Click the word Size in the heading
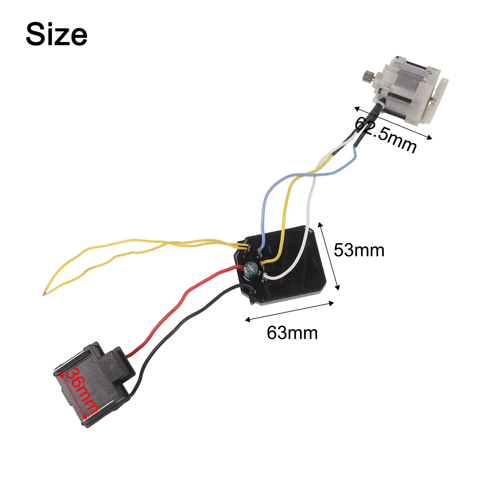coord(57,34)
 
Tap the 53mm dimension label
coord(359,250)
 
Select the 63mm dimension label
coord(292,333)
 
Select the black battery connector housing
coord(93,383)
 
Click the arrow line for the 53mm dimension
coord(329,256)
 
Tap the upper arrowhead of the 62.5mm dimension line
coord(357,108)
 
